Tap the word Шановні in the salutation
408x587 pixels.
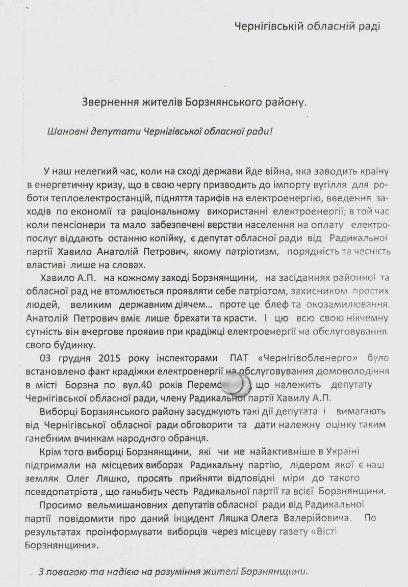65,131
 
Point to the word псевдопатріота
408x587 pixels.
61,492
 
